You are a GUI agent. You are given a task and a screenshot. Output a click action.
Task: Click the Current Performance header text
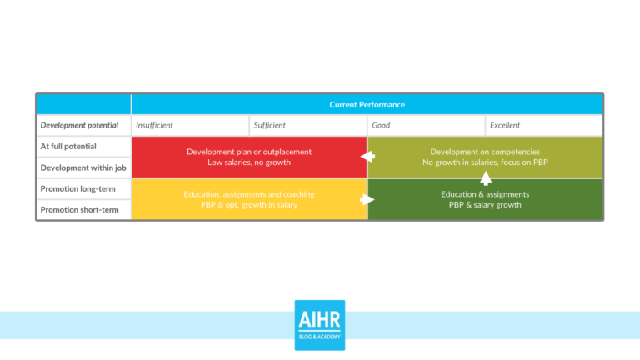[x=367, y=105]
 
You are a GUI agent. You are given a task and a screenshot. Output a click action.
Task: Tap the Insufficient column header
[x=155, y=126]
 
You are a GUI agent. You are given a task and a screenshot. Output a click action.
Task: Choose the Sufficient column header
[x=270, y=126]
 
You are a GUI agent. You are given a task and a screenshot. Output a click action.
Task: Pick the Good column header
[x=382, y=126]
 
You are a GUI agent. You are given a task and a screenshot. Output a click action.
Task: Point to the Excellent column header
[x=506, y=126]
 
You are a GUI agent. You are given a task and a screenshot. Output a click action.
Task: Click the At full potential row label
[x=68, y=147]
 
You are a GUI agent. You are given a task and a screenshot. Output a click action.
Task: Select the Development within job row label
[x=83, y=167]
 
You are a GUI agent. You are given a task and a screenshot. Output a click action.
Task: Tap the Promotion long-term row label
[x=78, y=189]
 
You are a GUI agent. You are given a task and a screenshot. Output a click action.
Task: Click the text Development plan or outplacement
[x=249, y=152]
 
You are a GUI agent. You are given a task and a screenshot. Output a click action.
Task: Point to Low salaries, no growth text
[x=249, y=162]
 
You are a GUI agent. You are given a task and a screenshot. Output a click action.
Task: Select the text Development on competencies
[x=485, y=152]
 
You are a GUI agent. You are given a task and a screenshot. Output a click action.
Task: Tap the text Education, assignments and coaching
[x=249, y=194]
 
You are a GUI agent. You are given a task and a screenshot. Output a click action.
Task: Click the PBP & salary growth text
[x=485, y=205]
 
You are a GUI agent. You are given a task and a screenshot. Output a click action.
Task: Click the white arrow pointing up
[x=486, y=177]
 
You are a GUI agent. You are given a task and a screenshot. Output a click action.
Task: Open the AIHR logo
[x=319, y=325]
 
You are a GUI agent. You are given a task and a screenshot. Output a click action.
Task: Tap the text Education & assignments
[x=485, y=194]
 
